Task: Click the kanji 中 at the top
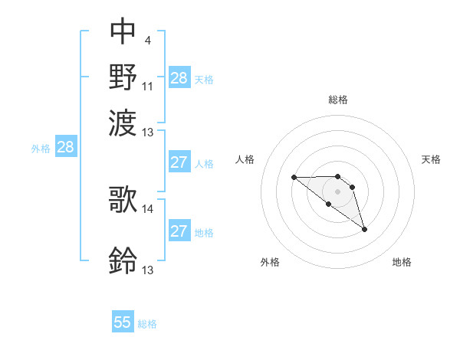[x=123, y=31]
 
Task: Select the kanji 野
[x=123, y=76]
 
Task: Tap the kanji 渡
[x=123, y=121]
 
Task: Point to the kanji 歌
[x=123, y=198]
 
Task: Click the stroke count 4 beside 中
[x=147, y=41]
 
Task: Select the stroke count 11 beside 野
[x=148, y=86]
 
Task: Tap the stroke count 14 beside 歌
[x=148, y=208]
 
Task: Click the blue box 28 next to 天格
[x=179, y=78]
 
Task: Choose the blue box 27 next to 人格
[x=179, y=162]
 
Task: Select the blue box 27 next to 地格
[x=179, y=231]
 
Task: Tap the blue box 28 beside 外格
[x=66, y=148]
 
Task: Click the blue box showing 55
[x=123, y=322]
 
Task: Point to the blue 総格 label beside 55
[x=147, y=324]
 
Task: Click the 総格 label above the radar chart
[x=338, y=100]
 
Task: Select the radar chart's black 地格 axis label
[x=402, y=263]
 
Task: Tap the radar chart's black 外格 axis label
[x=270, y=263]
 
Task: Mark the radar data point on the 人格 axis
[x=294, y=177]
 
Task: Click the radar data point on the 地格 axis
[x=364, y=229]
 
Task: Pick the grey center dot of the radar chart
[x=338, y=191]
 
